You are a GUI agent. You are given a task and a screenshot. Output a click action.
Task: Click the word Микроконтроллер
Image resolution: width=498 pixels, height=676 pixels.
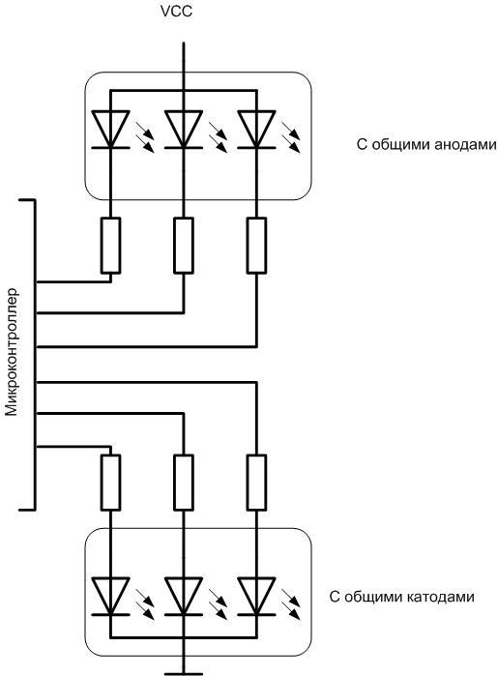(13, 349)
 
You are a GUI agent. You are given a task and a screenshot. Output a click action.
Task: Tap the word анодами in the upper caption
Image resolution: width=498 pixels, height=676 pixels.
(463, 145)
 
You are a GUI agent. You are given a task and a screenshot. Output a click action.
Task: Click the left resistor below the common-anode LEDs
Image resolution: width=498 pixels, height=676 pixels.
(109, 245)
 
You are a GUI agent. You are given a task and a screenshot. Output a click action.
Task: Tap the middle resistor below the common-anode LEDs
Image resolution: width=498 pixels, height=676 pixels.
(182, 245)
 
